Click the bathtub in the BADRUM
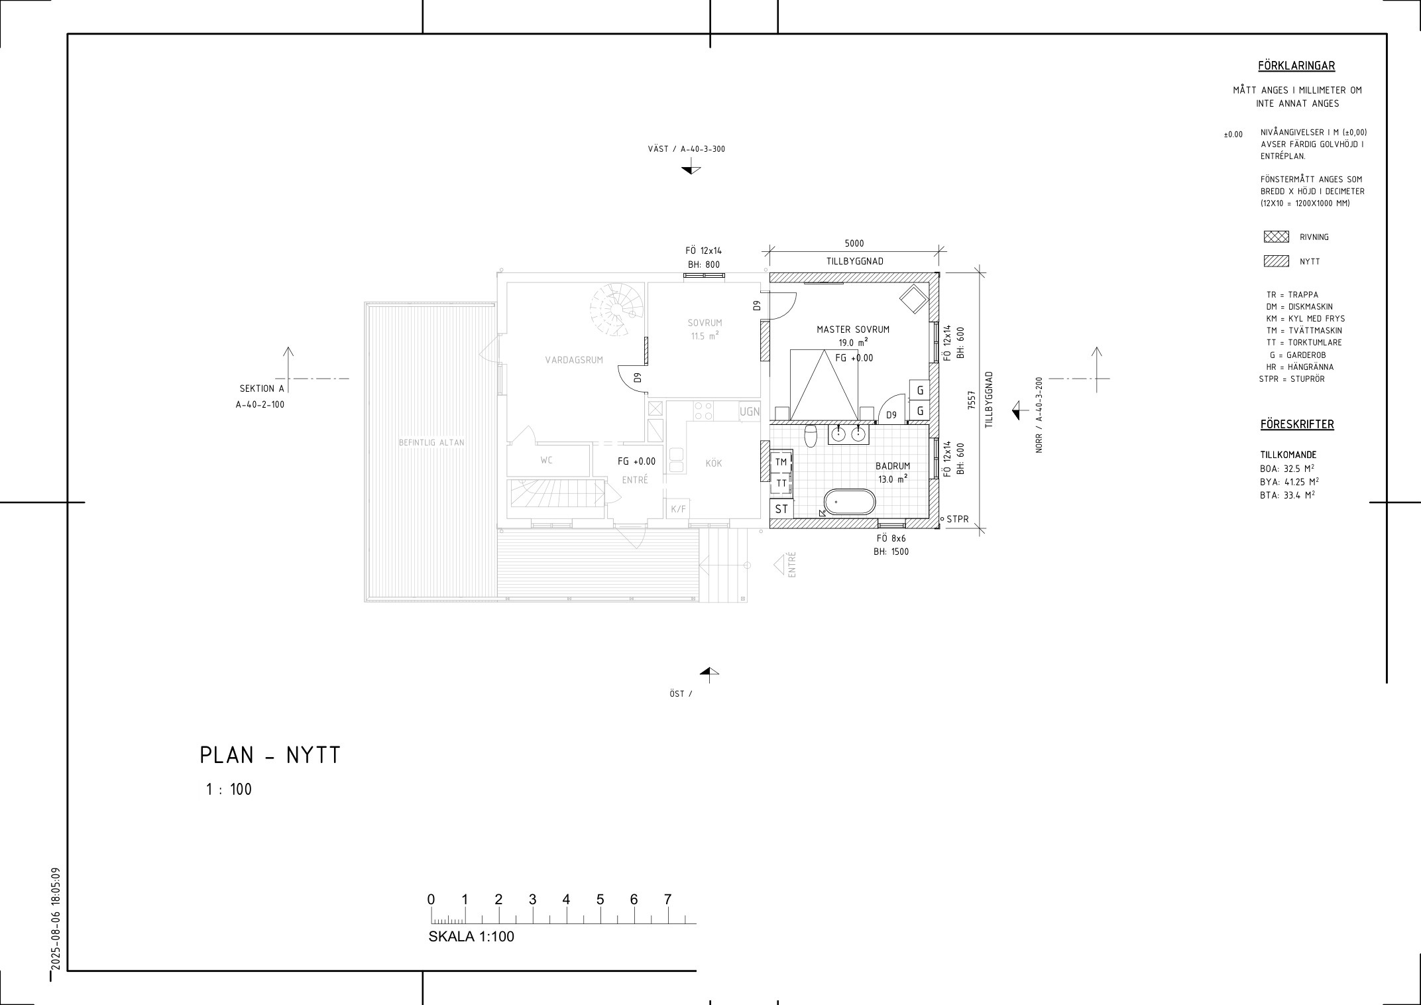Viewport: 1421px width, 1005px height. pyautogui.click(x=849, y=502)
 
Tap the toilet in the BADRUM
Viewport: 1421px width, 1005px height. pyautogui.click(x=811, y=436)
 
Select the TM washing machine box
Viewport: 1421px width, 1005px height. pyautogui.click(x=781, y=461)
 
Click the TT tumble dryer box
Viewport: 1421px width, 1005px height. pyautogui.click(x=781, y=483)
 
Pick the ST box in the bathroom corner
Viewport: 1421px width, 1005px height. pyautogui.click(x=781, y=509)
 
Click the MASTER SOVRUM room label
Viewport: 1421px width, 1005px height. pyautogui.click(x=853, y=329)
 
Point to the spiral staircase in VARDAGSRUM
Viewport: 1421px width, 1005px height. pyautogui.click(x=617, y=310)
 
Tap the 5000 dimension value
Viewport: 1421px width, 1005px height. pyautogui.click(x=854, y=243)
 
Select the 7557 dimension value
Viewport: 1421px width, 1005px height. pyautogui.click(x=972, y=400)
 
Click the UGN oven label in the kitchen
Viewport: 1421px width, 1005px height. pyautogui.click(x=750, y=412)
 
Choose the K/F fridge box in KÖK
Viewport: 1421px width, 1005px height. pyautogui.click(x=679, y=509)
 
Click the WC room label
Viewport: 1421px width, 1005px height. pyautogui.click(x=546, y=460)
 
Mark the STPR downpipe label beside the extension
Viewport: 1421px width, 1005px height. pyautogui.click(x=958, y=519)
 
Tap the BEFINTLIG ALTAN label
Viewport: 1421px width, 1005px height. pyautogui.click(x=431, y=442)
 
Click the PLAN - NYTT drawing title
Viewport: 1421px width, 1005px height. pyautogui.click(x=270, y=756)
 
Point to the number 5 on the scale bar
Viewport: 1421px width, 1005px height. pyautogui.click(x=600, y=900)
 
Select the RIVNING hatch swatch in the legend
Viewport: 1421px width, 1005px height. pyautogui.click(x=1276, y=237)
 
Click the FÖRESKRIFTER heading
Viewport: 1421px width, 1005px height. pyautogui.click(x=1297, y=424)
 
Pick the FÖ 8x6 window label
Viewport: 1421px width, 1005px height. pyautogui.click(x=891, y=539)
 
